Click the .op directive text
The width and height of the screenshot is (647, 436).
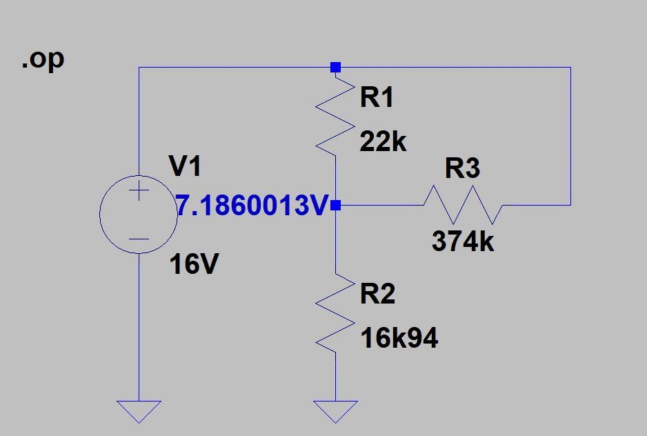[x=43, y=60]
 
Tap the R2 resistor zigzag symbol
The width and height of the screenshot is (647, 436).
[x=335, y=314]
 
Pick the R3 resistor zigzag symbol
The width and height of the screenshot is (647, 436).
[x=463, y=204]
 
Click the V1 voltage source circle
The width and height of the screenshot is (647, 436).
[x=139, y=213]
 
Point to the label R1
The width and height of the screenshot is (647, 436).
[x=377, y=97]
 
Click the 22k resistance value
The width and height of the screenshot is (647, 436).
[x=383, y=142]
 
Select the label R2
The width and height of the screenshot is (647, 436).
[x=377, y=295]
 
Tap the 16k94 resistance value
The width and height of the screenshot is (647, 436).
[x=399, y=339]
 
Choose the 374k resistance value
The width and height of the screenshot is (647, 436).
[x=463, y=241]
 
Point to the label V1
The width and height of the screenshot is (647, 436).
[x=186, y=166]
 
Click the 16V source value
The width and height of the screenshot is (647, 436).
[x=195, y=264]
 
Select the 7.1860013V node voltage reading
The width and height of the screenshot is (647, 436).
[x=250, y=205]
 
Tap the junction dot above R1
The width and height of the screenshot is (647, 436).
[x=335, y=67]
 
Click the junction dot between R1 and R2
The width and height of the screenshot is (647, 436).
[x=335, y=205]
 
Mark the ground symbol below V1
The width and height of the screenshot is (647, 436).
[x=139, y=411]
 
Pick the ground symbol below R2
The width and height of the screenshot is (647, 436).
[x=335, y=411]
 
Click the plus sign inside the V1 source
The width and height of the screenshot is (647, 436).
[x=139, y=189]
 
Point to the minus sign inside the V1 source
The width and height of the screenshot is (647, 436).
[x=139, y=239]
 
